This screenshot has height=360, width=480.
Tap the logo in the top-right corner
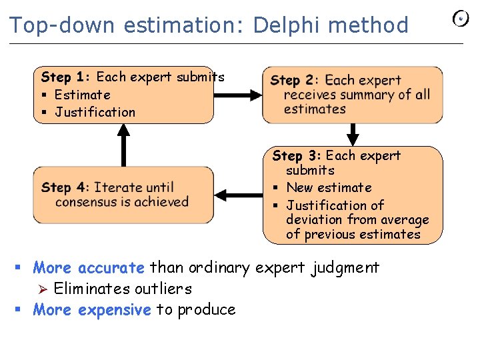pyautogui.click(x=461, y=19)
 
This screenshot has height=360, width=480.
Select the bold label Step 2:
pyautogui.click(x=295, y=81)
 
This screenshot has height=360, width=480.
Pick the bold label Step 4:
pyautogui.click(x=65, y=187)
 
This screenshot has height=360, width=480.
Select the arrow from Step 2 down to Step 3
pyautogui.click(x=353, y=133)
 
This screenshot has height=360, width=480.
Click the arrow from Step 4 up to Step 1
pyautogui.click(x=123, y=145)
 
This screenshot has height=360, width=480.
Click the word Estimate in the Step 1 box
pyautogui.click(x=82, y=95)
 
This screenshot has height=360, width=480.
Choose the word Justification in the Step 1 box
pyautogui.click(x=95, y=112)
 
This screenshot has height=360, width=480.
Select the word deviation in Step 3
pyautogui.click(x=313, y=219)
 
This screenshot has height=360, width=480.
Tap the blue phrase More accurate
pyautogui.click(x=89, y=268)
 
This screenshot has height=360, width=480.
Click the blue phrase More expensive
pyautogui.click(x=92, y=309)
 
